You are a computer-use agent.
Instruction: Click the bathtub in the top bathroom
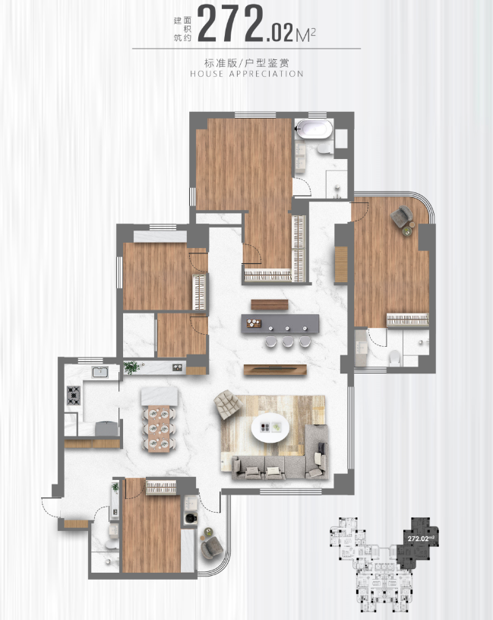[314, 129]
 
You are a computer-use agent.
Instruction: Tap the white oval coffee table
[270, 428]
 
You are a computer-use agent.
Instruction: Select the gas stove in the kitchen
[74, 395]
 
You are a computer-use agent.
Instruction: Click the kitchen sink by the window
[100, 372]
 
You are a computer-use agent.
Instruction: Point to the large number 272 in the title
[230, 24]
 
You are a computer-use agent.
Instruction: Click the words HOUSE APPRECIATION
[247, 74]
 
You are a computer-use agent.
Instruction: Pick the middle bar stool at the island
[288, 342]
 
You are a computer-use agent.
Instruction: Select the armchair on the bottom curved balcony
[212, 547]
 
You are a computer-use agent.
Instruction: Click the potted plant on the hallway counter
[131, 367]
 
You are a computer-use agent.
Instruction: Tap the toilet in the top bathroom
[325, 148]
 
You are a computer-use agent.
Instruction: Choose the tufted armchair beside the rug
[228, 404]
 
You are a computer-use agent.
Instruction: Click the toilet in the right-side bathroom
[395, 358]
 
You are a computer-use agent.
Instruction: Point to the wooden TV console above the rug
[275, 370]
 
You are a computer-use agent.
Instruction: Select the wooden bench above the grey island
[270, 304]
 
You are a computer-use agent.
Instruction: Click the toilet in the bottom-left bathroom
[112, 545]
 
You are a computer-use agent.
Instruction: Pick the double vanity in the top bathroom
[300, 158]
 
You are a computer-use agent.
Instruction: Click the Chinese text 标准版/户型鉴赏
[247, 63]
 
